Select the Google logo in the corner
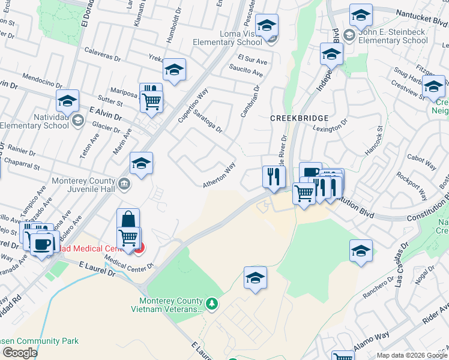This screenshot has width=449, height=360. tap(19, 353)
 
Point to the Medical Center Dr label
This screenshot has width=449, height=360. tap(129, 261)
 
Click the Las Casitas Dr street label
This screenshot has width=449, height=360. tap(402, 265)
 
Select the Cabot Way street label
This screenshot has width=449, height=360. tap(421, 160)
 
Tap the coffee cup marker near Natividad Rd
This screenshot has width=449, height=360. tap(41, 244)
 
